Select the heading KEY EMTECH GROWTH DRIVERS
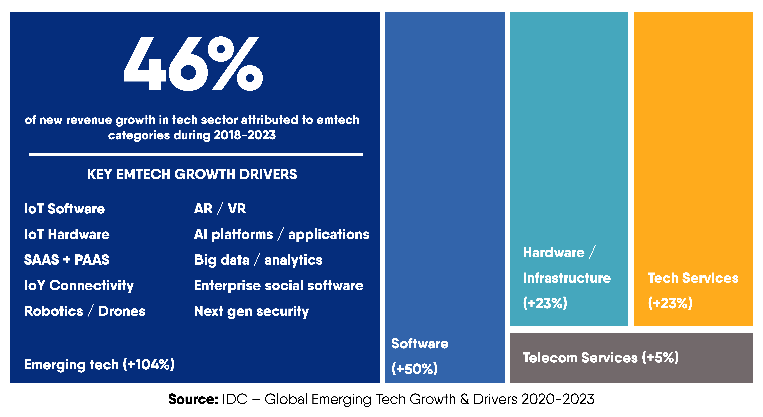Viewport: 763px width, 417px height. (x=192, y=174)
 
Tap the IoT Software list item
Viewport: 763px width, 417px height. (x=64, y=209)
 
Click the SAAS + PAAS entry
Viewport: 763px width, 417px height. (x=67, y=260)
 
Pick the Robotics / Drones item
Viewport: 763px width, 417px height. (x=85, y=311)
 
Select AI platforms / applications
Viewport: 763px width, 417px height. (x=281, y=234)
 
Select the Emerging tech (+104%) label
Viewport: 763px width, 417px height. (x=99, y=364)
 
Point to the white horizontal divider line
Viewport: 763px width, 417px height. (x=196, y=154)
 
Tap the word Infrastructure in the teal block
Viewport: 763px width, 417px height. (x=567, y=278)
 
